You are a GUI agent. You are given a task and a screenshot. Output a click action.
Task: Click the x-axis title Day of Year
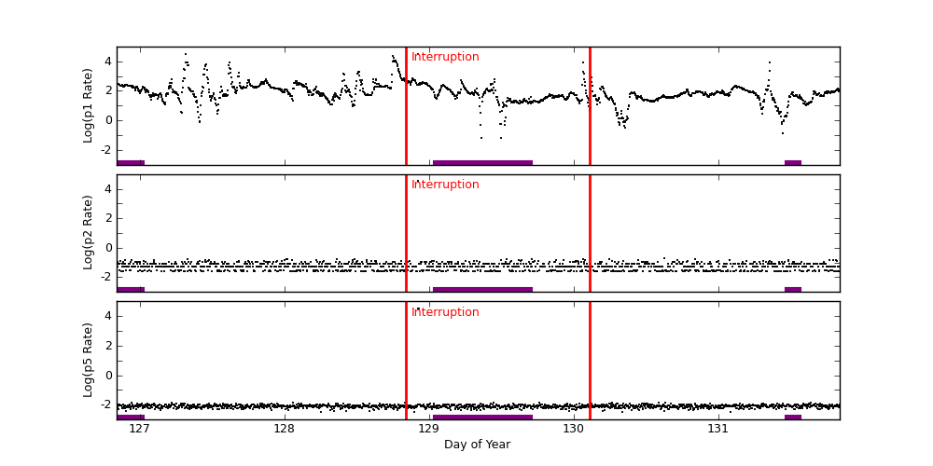[x=477, y=445]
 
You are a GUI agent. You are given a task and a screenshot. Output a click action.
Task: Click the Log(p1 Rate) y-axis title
[x=89, y=105]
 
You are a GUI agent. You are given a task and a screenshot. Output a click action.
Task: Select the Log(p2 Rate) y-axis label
[x=89, y=232]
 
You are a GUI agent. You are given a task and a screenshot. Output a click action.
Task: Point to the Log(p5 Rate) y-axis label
[x=89, y=360]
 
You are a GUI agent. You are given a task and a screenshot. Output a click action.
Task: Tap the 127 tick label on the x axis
[x=139, y=429]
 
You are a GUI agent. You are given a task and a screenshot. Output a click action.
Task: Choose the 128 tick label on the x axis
[x=284, y=429]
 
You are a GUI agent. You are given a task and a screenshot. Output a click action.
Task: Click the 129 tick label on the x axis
[x=428, y=429]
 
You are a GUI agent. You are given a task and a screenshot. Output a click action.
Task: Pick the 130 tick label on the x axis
[x=573, y=429]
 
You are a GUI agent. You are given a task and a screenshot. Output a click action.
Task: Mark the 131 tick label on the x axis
[x=717, y=429]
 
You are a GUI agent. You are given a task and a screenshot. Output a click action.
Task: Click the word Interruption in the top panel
[x=445, y=57]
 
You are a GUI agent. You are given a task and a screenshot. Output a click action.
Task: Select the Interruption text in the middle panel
[x=445, y=185]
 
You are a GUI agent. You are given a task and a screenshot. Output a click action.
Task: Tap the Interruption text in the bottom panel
[x=445, y=312]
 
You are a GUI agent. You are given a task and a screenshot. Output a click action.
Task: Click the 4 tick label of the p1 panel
[x=108, y=62]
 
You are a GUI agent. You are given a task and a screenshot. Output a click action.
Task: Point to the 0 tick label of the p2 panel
[x=108, y=247]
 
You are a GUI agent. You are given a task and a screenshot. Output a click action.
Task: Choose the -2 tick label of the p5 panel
[x=105, y=404]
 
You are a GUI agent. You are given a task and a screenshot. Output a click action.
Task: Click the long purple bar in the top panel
[x=482, y=162]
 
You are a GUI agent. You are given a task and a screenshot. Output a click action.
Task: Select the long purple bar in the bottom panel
[x=482, y=417]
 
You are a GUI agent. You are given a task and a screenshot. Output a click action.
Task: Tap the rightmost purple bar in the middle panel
[x=793, y=289]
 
